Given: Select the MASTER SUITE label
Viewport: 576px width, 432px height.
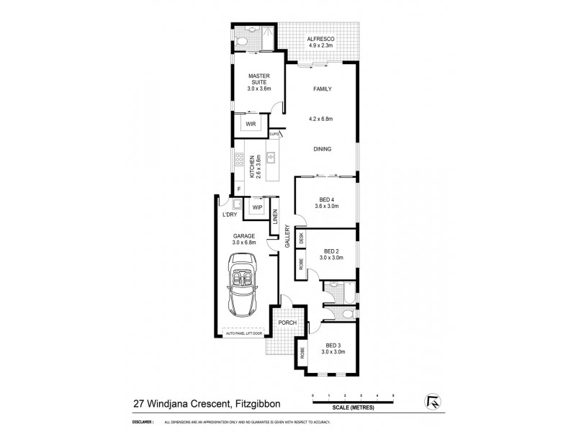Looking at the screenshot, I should tap(258, 79).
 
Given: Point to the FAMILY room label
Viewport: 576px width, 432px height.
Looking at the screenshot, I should tap(321, 89).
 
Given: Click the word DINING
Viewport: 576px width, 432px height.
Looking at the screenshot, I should tap(322, 149).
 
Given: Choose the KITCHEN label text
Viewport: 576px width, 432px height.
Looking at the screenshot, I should tap(252, 167).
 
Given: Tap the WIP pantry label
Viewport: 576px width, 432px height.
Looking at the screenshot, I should tap(257, 208).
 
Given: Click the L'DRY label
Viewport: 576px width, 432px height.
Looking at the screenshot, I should tap(230, 215).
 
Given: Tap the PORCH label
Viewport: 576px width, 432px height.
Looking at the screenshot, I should tap(287, 323).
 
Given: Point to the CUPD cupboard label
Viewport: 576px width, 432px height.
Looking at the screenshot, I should tap(274, 134).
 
